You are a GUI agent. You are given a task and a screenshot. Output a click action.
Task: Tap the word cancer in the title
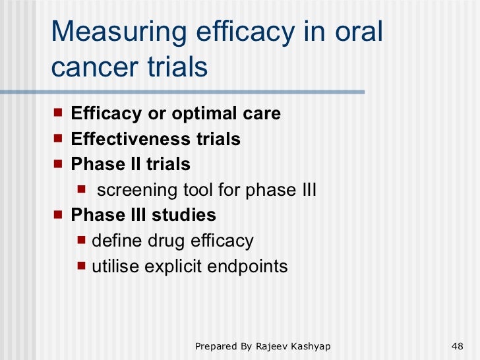tap(90, 67)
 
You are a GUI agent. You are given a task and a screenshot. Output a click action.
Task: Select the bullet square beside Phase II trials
tap(59, 164)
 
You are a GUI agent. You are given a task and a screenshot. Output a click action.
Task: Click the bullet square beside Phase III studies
tap(59, 214)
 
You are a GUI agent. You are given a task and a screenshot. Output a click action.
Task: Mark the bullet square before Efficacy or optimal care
tap(59, 113)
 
